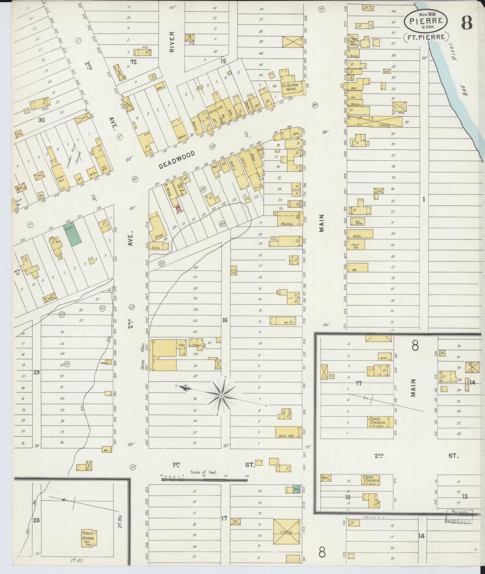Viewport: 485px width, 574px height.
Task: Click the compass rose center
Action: coord(221,396)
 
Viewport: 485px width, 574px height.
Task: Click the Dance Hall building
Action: coord(288,432)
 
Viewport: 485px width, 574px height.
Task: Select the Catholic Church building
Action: coord(371,480)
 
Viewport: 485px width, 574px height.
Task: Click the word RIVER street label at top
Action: coord(172,42)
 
